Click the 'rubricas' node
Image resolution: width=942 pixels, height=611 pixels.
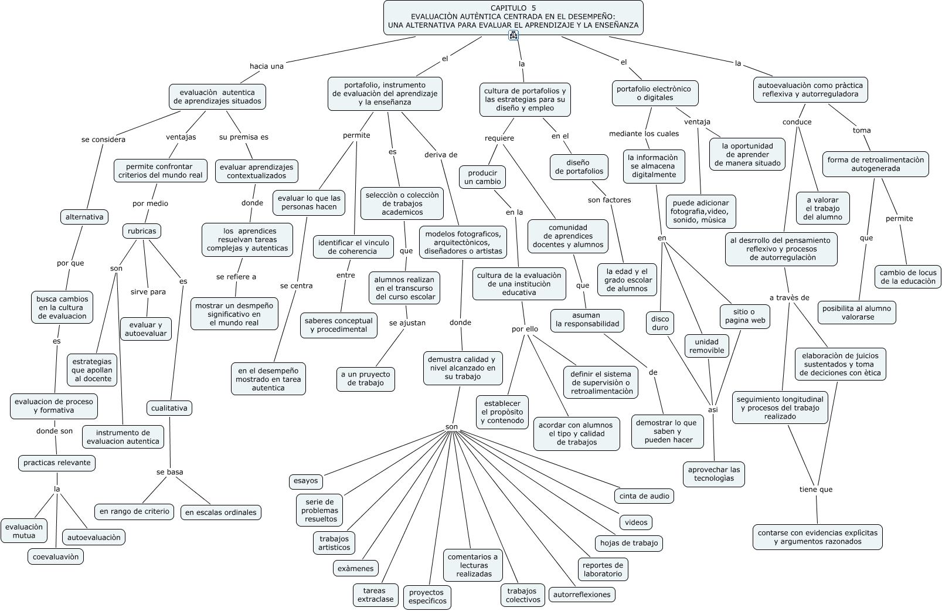tap(142, 231)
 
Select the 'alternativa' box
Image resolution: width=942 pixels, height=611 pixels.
tap(84, 217)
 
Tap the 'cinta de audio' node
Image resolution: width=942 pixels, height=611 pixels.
tap(644, 496)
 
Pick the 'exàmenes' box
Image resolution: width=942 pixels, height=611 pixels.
tap(355, 568)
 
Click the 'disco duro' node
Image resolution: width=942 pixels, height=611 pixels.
tap(660, 324)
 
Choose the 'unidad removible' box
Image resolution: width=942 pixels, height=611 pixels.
tap(706, 346)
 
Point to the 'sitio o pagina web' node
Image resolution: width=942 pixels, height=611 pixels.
tap(744, 316)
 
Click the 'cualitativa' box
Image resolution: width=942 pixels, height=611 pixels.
tap(169, 408)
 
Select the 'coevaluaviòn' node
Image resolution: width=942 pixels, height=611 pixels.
tap(56, 556)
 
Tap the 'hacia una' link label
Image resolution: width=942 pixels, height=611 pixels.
tap(267, 66)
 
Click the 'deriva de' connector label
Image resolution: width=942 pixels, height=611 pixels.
tap(441, 155)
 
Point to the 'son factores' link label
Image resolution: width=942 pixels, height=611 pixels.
tap(610, 200)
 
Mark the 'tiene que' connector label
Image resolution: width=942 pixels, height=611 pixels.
tap(816, 490)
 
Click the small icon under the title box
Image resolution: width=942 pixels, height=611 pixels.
tap(513, 36)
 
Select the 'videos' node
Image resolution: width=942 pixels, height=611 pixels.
tap(636, 522)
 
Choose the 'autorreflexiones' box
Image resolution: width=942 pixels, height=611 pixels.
tap(582, 595)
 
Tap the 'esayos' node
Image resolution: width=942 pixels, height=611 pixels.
tap(306, 481)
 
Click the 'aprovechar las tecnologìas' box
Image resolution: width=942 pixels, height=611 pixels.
tap(714, 474)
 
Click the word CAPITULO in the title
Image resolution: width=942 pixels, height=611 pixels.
tap(508, 8)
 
